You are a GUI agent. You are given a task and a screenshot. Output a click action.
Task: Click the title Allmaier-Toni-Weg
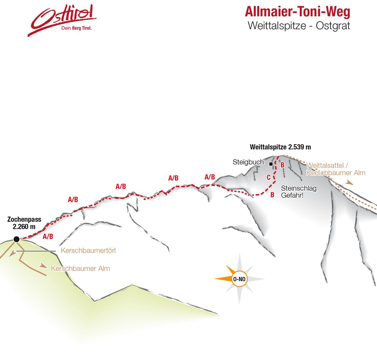click(298, 12)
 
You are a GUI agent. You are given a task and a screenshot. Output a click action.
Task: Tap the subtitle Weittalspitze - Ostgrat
click(299, 26)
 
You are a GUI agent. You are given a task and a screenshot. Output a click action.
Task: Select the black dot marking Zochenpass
click(16, 239)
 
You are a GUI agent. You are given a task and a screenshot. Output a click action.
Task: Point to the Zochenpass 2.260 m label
click(24, 223)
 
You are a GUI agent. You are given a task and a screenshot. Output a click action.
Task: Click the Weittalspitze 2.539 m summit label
click(280, 147)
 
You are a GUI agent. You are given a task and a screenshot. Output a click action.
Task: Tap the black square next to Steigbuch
click(271, 164)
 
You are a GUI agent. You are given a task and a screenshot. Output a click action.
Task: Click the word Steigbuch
click(248, 162)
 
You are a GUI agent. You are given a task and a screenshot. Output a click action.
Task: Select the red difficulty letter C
click(269, 177)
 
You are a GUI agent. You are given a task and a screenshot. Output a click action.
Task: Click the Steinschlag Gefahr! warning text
click(298, 191)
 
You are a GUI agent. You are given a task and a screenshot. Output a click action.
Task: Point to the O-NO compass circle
click(239, 279)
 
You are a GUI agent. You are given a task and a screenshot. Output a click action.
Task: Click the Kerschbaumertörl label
click(88, 251)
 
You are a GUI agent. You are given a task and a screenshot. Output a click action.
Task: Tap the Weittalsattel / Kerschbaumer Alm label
click(336, 169)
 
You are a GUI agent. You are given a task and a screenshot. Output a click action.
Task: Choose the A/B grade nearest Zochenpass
click(48, 236)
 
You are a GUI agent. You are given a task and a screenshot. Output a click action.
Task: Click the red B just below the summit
click(282, 165)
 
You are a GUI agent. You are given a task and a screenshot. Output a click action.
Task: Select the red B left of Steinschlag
click(272, 195)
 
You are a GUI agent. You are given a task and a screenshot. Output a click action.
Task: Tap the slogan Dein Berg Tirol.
click(76, 28)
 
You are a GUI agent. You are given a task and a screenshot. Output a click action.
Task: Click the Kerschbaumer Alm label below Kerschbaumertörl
click(80, 269)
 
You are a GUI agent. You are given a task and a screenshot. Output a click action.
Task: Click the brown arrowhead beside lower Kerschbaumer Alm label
click(43, 266)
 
